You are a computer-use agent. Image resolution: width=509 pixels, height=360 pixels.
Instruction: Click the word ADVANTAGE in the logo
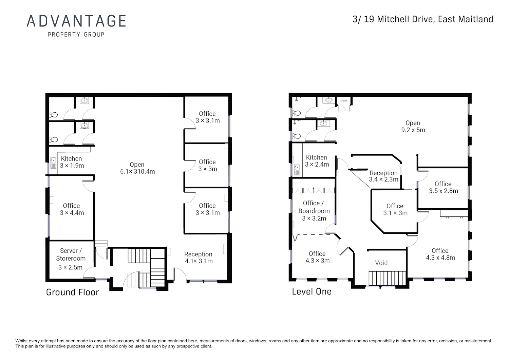[x=76, y=21]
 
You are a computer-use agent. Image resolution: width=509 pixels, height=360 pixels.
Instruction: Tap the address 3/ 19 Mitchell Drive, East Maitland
[x=423, y=19]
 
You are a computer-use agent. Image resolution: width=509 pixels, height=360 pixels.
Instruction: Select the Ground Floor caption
[x=73, y=292]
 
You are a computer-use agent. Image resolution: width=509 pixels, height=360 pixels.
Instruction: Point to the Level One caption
[x=312, y=291]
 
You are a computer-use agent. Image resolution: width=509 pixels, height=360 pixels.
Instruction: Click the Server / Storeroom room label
[x=71, y=259]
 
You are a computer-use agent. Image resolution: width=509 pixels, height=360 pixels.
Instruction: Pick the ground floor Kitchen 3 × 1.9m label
[x=72, y=162]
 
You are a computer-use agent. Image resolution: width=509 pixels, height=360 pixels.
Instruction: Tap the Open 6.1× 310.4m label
[x=137, y=168]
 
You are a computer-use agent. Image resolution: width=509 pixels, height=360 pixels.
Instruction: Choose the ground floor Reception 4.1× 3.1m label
[x=199, y=258]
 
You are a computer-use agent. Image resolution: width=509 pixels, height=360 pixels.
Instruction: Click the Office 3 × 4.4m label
[x=72, y=209]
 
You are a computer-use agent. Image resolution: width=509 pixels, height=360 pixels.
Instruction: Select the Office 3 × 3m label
[x=207, y=165]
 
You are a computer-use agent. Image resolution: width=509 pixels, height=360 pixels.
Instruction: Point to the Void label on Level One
[x=381, y=263]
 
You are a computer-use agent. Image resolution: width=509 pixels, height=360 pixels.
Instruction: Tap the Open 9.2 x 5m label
[x=413, y=126]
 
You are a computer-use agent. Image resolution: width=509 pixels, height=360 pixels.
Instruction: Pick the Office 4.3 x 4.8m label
[x=440, y=254]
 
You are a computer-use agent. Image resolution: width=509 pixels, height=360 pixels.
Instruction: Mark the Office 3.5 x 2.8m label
[x=443, y=187]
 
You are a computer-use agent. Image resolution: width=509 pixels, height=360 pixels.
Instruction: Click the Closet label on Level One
[x=343, y=101]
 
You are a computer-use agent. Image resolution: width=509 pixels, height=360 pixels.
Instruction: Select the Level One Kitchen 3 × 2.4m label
[x=317, y=161]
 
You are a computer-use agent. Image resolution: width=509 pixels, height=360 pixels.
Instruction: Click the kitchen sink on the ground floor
[x=53, y=163]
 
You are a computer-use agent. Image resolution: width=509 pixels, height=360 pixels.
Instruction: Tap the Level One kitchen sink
[x=297, y=169]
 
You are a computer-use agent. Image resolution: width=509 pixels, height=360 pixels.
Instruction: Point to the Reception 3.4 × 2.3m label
[x=383, y=176]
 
